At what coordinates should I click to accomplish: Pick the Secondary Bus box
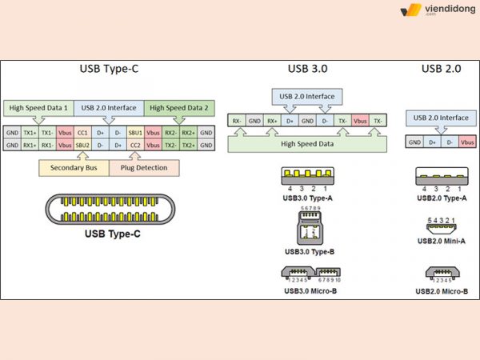point(74,168)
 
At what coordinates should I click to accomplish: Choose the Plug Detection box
point(144,168)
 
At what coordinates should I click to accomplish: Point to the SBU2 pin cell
point(82,145)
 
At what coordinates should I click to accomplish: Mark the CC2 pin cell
point(135,145)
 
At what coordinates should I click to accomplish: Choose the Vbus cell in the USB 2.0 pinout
point(467,142)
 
